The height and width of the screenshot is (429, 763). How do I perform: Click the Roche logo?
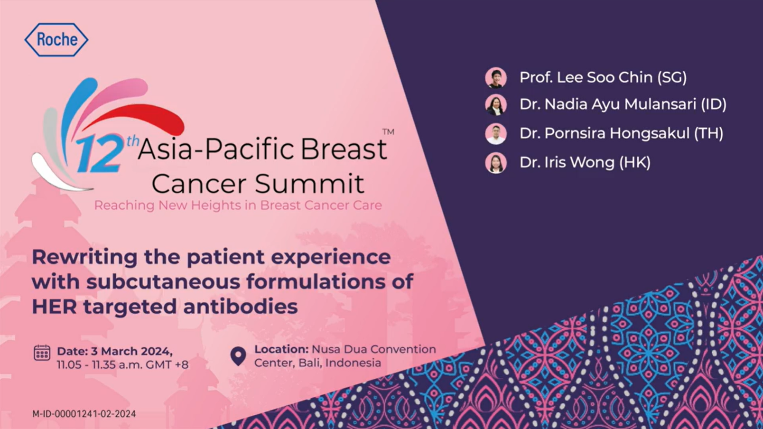pyautogui.click(x=56, y=39)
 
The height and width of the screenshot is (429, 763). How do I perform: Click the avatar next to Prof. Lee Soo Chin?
pyautogui.click(x=495, y=77)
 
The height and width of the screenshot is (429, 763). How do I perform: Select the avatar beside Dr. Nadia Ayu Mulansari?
pyautogui.click(x=495, y=104)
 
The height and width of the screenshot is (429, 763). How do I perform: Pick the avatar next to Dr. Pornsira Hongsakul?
pyautogui.click(x=495, y=133)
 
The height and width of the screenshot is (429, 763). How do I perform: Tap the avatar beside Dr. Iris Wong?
pyautogui.click(x=495, y=163)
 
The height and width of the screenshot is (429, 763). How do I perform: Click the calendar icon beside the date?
pyautogui.click(x=42, y=352)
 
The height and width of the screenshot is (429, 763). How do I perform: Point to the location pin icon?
pyautogui.click(x=238, y=356)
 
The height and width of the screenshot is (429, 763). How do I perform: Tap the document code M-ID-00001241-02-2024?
pyautogui.click(x=84, y=414)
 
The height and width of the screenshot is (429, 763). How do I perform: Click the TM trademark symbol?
pyautogui.click(x=388, y=132)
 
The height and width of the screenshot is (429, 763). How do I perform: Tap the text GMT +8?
pyautogui.click(x=167, y=365)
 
